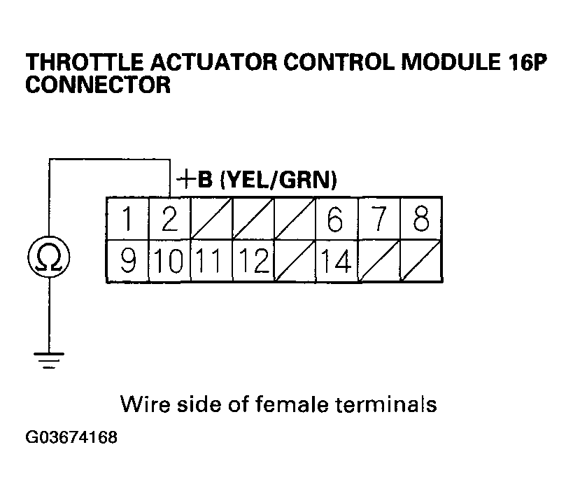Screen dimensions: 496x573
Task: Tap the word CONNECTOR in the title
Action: pyautogui.click(x=97, y=85)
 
